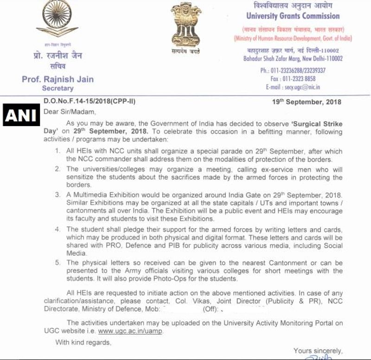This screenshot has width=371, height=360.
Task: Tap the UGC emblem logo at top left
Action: [58, 20]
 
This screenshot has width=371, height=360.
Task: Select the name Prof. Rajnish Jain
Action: [58, 79]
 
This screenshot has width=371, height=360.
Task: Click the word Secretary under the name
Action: [58, 88]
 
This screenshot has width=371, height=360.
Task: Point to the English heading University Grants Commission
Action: [293, 16]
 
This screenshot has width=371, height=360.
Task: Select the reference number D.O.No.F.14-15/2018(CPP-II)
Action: [90, 102]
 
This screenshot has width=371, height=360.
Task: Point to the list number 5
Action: [58, 263]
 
